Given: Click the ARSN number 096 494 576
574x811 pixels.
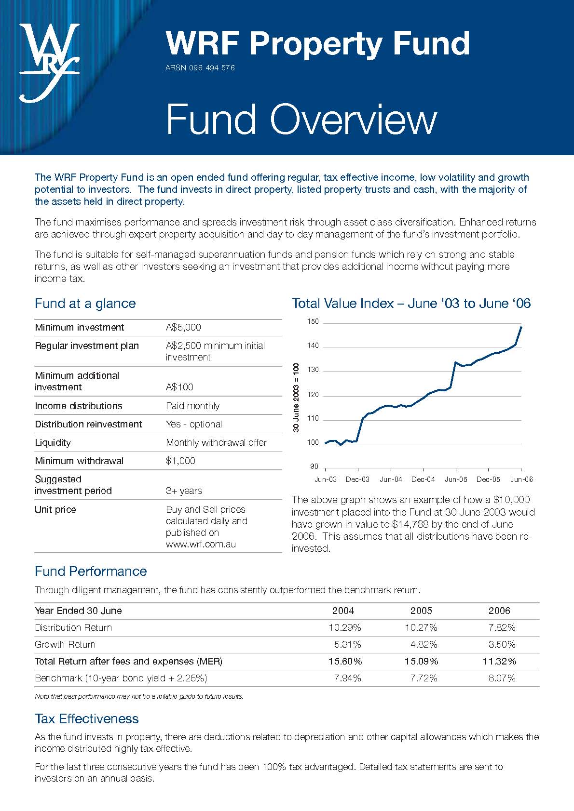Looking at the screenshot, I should [200, 68].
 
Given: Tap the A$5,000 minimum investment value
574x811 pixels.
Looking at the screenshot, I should [183, 328].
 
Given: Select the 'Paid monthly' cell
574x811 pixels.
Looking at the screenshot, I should [192, 406].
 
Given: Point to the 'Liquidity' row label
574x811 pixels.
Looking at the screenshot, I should [53, 442].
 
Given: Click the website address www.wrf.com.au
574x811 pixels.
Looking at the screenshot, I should [201, 545].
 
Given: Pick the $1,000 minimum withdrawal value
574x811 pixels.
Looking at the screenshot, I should [180, 461].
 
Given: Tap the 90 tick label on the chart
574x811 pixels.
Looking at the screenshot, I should [314, 466].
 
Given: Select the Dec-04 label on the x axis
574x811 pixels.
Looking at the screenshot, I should [423, 479].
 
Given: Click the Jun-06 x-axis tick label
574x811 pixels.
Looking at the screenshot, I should [521, 479].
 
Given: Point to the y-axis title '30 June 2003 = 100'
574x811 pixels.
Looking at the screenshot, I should [296, 398].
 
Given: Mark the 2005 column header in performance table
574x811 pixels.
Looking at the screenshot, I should [421, 611].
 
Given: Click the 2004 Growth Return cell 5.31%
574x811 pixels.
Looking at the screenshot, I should [347, 644].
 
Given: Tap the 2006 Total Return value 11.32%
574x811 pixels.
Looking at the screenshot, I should [499, 661].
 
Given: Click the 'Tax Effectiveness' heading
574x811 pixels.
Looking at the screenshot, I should [87, 719].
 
